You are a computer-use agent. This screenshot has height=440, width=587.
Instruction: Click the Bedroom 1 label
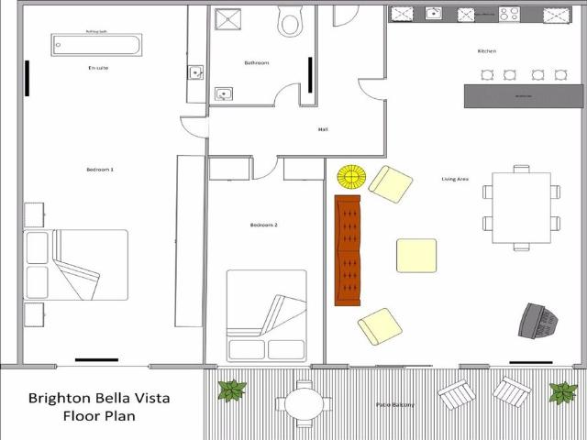point(99,170)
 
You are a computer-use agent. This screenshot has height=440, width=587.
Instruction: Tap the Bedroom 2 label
point(263,225)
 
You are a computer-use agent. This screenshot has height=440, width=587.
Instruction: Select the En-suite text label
point(98,68)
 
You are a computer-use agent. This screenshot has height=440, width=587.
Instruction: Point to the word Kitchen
point(486,51)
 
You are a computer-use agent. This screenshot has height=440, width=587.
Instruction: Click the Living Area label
point(455,179)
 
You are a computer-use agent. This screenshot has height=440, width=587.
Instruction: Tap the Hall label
point(323,129)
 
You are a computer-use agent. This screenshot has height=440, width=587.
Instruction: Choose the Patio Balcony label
point(394,404)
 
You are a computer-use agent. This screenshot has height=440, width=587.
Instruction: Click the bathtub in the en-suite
point(96,45)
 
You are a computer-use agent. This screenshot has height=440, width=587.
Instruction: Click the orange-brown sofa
point(348,249)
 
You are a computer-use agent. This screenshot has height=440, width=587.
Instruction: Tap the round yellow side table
point(351,176)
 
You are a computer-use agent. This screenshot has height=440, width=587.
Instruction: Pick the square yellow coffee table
point(416,255)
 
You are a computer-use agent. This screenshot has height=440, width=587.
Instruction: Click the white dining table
point(521,208)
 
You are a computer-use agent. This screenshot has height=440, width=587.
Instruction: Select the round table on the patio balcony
point(301,402)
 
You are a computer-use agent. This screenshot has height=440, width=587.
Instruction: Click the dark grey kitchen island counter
point(523,95)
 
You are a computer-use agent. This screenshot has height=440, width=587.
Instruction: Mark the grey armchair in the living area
point(538,320)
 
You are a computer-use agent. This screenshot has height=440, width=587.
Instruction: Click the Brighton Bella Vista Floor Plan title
point(99,406)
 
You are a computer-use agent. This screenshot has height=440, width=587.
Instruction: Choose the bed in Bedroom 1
point(76,265)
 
